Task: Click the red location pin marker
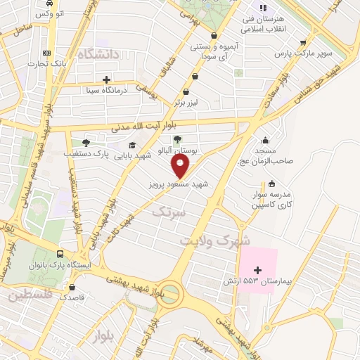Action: coord(181,167)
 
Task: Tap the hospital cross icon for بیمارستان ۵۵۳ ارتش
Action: coord(257,270)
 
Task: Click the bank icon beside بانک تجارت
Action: coord(47,53)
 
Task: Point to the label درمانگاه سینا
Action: coord(105,90)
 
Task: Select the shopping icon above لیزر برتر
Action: coord(186,91)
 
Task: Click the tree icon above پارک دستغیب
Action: coord(86,143)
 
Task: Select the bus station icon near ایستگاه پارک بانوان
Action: coord(60,254)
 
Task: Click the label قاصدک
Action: coord(72,297)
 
